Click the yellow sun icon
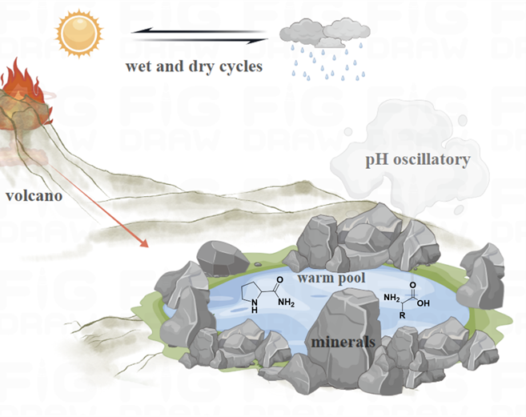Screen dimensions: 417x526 pyautogui.click(x=80, y=33)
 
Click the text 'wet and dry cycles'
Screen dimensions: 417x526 pyautogui.click(x=194, y=66)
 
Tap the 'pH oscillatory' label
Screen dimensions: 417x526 pyautogui.click(x=417, y=160)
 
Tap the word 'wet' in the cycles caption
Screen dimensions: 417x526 pyautogui.click(x=138, y=66)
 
